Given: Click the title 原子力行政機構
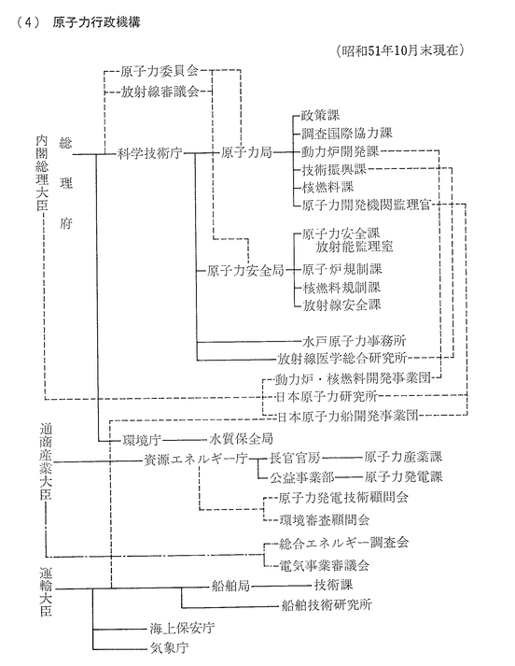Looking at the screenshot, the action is [96, 22].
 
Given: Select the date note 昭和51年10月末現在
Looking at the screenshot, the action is [399, 50].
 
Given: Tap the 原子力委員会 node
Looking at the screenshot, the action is [160, 71].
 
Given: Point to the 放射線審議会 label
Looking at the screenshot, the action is [160, 92].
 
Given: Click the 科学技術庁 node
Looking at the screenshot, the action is [149, 153].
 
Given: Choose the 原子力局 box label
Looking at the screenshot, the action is [246, 152].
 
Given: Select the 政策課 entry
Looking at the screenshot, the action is [320, 115].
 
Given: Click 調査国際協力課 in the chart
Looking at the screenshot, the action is [346, 134].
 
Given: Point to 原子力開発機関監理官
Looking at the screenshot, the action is [366, 205].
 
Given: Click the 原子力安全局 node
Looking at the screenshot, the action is [245, 270].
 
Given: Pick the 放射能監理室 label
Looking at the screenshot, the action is [355, 247].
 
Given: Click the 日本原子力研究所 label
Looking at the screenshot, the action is [327, 397].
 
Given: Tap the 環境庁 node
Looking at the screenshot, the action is [142, 440].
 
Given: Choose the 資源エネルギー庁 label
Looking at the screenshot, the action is [196, 460].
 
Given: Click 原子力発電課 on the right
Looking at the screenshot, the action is [403, 476].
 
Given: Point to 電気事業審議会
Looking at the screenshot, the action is [324, 565].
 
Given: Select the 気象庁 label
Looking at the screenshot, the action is [169, 648].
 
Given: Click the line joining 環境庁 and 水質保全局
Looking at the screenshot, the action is [184, 440].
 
